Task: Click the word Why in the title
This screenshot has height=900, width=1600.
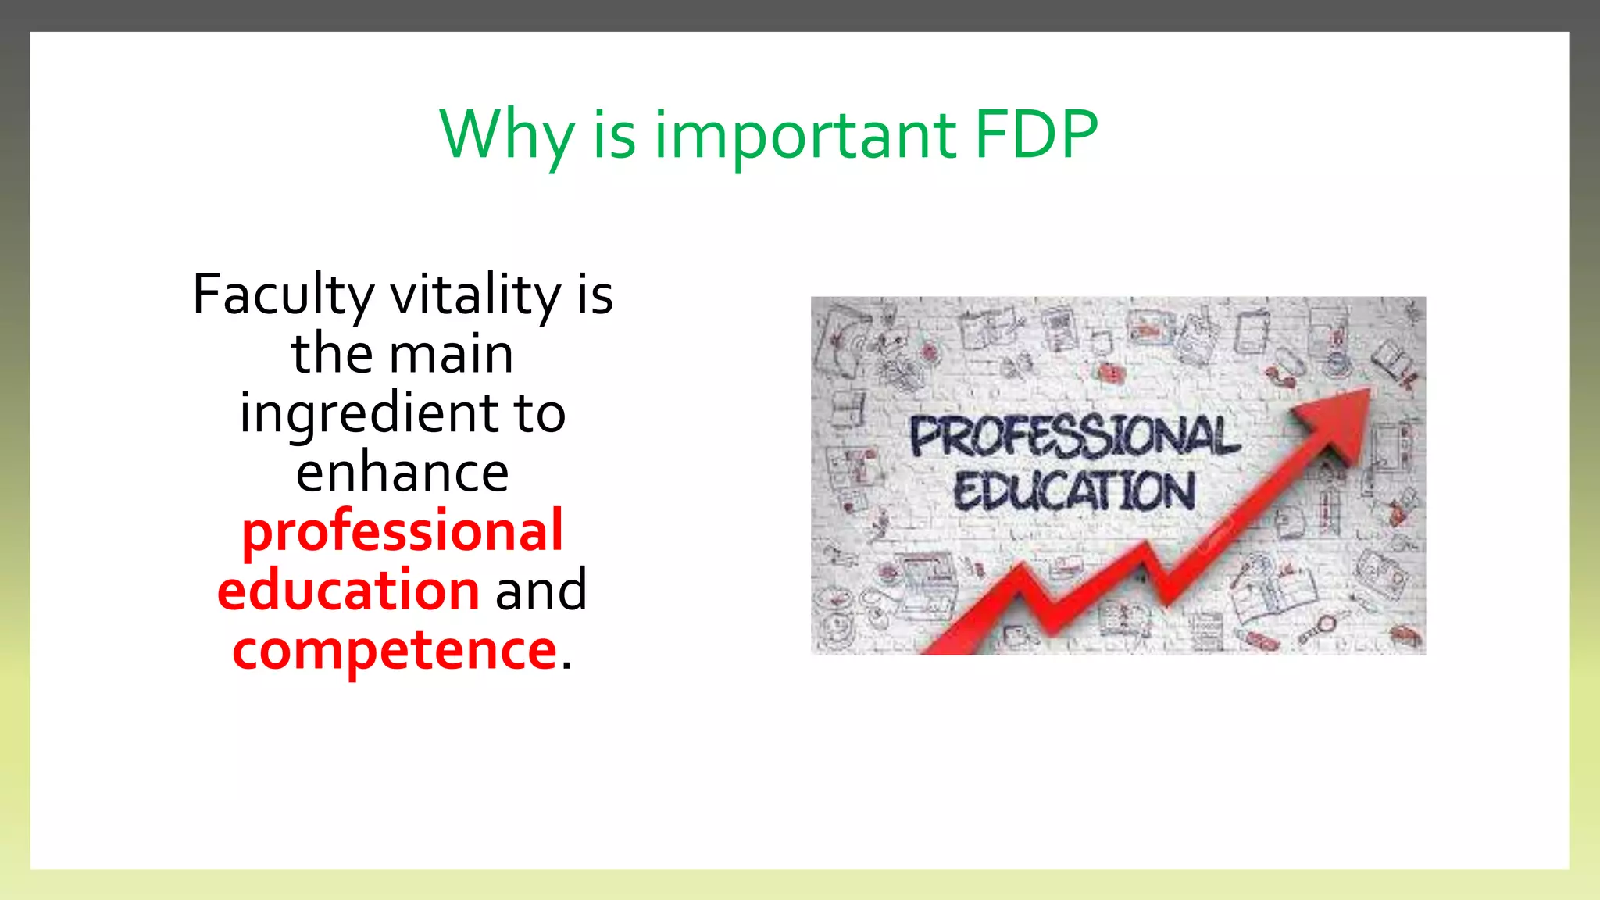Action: click(x=506, y=136)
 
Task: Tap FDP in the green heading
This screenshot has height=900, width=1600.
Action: click(x=1036, y=134)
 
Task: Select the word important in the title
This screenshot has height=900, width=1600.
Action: click(x=805, y=136)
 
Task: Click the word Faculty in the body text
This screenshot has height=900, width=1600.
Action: click(x=283, y=296)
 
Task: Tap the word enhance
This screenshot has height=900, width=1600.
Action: click(x=402, y=473)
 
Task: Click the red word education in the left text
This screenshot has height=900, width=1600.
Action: click(x=348, y=590)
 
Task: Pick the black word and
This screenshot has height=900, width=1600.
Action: click(x=541, y=590)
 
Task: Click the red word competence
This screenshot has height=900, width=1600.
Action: click(x=395, y=650)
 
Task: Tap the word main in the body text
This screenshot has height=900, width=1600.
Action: click(x=452, y=354)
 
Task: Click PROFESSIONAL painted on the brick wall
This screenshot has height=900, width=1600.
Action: click(x=1073, y=436)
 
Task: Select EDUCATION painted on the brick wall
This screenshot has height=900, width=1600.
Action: click(x=1073, y=491)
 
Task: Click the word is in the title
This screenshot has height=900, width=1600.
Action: click(x=614, y=136)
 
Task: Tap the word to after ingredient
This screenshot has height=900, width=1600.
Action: click(x=539, y=413)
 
